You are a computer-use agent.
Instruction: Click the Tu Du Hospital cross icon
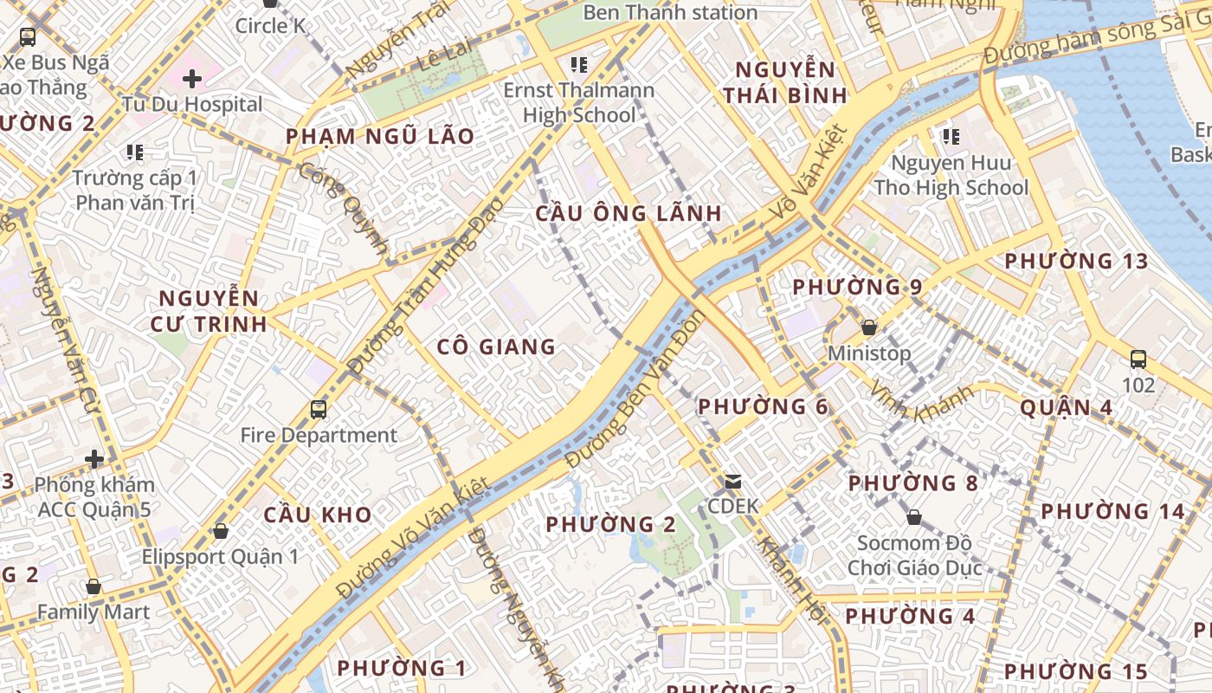click(x=192, y=79)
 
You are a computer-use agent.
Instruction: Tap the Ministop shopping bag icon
click(x=869, y=327)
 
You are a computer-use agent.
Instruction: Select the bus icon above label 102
click(x=1138, y=359)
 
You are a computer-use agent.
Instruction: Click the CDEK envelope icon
click(x=733, y=481)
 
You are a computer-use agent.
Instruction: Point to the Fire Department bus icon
click(x=319, y=409)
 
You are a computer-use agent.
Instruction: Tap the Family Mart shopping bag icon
click(x=93, y=586)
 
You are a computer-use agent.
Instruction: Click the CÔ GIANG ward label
click(x=496, y=347)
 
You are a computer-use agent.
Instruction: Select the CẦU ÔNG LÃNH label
click(x=629, y=213)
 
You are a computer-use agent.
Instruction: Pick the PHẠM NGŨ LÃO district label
click(x=380, y=136)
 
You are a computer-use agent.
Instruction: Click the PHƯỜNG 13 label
click(x=1076, y=261)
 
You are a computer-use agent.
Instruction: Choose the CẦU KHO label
click(x=318, y=515)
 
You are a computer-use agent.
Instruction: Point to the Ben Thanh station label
click(x=670, y=12)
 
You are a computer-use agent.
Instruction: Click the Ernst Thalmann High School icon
click(x=579, y=64)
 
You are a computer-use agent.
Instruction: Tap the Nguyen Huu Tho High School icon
click(x=951, y=136)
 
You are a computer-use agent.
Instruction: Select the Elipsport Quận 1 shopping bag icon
click(x=221, y=531)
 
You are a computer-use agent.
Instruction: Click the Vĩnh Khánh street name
click(x=923, y=400)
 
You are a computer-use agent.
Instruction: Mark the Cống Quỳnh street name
click(x=345, y=208)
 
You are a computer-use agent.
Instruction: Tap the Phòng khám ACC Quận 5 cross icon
click(x=94, y=458)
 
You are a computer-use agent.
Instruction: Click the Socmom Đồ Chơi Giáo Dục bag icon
click(x=914, y=517)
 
